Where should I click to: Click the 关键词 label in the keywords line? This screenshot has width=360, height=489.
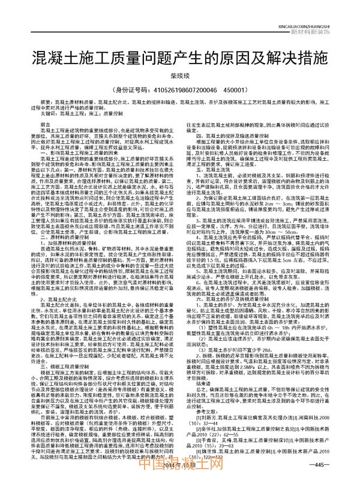pyautogui.click(x=49, y=112)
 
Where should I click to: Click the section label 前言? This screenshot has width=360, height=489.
pyautogui.click(x=45, y=125)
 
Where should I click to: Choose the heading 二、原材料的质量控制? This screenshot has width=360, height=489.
pyautogui.click(x=66, y=221)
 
